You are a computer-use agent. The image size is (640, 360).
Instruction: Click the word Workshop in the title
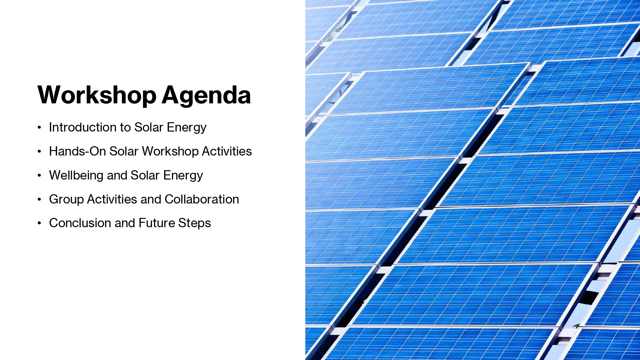(x=97, y=95)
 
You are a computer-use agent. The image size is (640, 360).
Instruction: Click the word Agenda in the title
(x=206, y=95)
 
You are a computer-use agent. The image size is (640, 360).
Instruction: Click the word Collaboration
(x=202, y=199)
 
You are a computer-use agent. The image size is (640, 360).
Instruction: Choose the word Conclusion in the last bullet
(x=80, y=223)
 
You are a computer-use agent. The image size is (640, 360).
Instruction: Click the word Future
(x=157, y=223)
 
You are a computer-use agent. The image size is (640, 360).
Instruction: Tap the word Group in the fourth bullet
(x=67, y=200)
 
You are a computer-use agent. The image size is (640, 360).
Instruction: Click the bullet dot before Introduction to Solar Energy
(x=39, y=128)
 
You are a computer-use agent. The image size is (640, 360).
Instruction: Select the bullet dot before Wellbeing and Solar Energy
(x=39, y=175)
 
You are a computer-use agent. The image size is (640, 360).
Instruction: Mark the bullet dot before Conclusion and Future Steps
(x=39, y=223)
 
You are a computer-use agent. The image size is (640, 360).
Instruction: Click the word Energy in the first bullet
(x=187, y=128)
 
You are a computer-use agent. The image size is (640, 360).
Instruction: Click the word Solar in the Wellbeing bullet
(x=145, y=175)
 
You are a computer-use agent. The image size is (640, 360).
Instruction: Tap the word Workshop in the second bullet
(x=170, y=152)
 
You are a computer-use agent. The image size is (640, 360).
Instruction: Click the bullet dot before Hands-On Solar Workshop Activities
(x=39, y=151)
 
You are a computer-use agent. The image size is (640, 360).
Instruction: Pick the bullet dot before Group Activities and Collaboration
(x=39, y=199)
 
